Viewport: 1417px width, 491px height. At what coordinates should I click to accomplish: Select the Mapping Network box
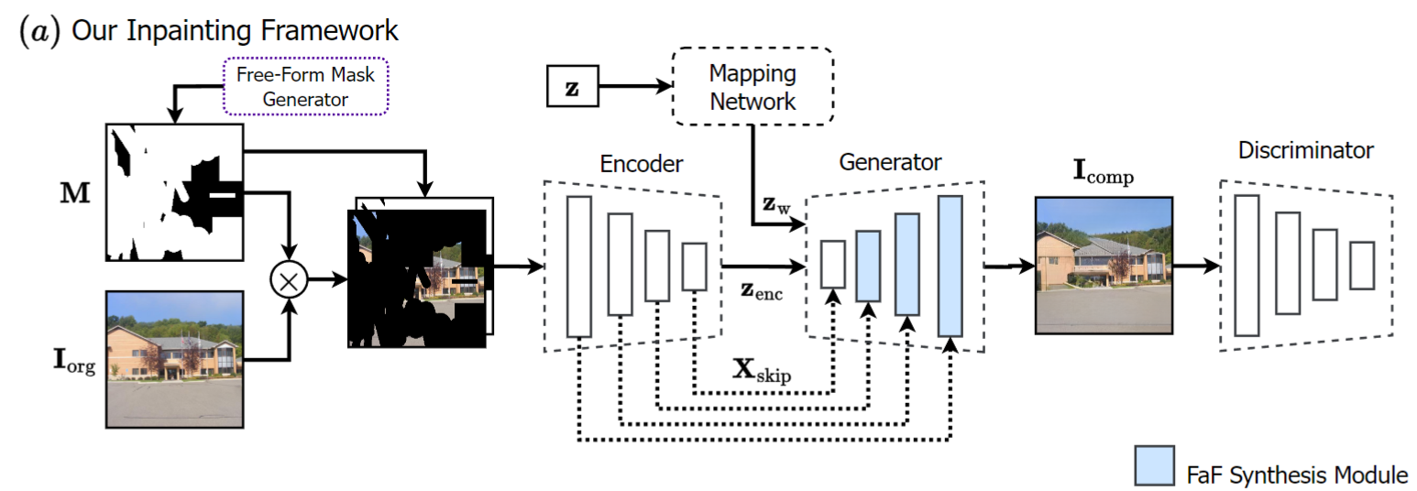753,86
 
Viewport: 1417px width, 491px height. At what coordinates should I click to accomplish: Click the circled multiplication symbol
289,281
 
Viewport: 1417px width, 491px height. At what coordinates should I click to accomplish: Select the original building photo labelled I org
175,358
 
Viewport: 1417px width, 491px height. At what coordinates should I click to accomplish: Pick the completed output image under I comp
1103,264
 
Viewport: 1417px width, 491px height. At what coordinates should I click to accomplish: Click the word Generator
890,163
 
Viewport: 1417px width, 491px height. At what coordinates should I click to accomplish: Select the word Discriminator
1306,149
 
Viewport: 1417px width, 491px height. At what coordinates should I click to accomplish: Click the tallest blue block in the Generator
950,266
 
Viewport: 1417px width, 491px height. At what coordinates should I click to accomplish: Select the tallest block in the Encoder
579,266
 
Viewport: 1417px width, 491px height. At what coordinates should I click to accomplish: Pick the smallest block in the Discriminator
1362,265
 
